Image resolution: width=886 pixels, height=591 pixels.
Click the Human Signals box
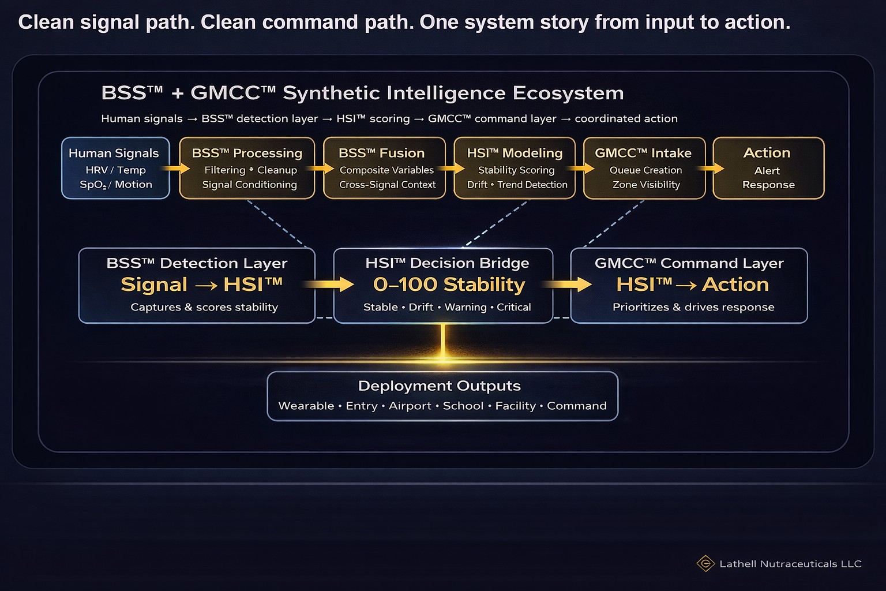click(115, 168)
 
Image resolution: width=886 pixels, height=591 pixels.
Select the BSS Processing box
click(247, 168)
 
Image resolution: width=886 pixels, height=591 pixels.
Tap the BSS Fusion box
click(385, 168)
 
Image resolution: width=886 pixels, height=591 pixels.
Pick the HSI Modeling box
click(515, 168)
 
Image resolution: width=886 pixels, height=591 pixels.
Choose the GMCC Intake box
click(644, 168)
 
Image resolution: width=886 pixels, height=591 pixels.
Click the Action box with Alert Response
click(768, 168)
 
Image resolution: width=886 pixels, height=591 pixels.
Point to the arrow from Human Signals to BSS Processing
click(176, 168)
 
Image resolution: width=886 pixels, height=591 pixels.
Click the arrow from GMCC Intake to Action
click(711, 168)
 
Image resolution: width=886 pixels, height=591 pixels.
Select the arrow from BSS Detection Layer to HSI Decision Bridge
click(328, 284)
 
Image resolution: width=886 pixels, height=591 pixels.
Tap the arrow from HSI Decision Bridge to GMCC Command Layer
click(566, 284)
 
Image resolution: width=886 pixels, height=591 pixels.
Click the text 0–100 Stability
click(449, 284)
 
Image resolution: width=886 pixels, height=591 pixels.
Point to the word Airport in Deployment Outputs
click(410, 406)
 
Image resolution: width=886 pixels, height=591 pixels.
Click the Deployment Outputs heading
click(440, 386)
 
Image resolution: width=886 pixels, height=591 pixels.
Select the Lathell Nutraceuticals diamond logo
click(705, 563)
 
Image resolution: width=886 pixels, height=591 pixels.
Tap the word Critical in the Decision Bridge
click(514, 307)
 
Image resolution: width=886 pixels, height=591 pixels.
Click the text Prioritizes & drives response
click(693, 307)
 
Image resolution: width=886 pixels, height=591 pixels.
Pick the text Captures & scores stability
click(204, 307)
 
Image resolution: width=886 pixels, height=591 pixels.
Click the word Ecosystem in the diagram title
click(568, 93)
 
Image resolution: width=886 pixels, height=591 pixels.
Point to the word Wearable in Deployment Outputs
click(306, 406)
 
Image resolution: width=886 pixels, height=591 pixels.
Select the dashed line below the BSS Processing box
click(277, 224)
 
